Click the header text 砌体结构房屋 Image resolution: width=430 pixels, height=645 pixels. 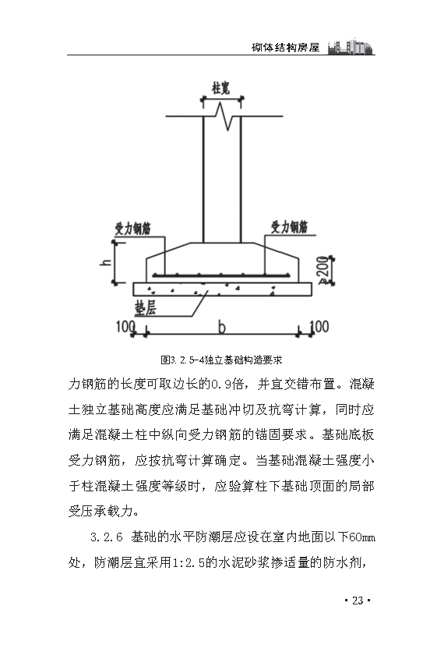point(287,47)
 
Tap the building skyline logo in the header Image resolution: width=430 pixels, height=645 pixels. point(351,44)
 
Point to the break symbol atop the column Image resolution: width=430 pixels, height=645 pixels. point(222,117)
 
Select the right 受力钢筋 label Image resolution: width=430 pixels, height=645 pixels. point(289,226)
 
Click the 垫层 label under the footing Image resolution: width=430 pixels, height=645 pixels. point(146,307)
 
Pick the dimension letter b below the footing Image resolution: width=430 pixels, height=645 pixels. point(222,324)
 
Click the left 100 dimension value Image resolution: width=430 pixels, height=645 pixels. point(125,324)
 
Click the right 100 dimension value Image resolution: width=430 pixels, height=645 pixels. point(318,324)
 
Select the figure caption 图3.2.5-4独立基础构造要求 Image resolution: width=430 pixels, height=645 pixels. point(220,360)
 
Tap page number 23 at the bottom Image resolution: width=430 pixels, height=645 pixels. point(358,601)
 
